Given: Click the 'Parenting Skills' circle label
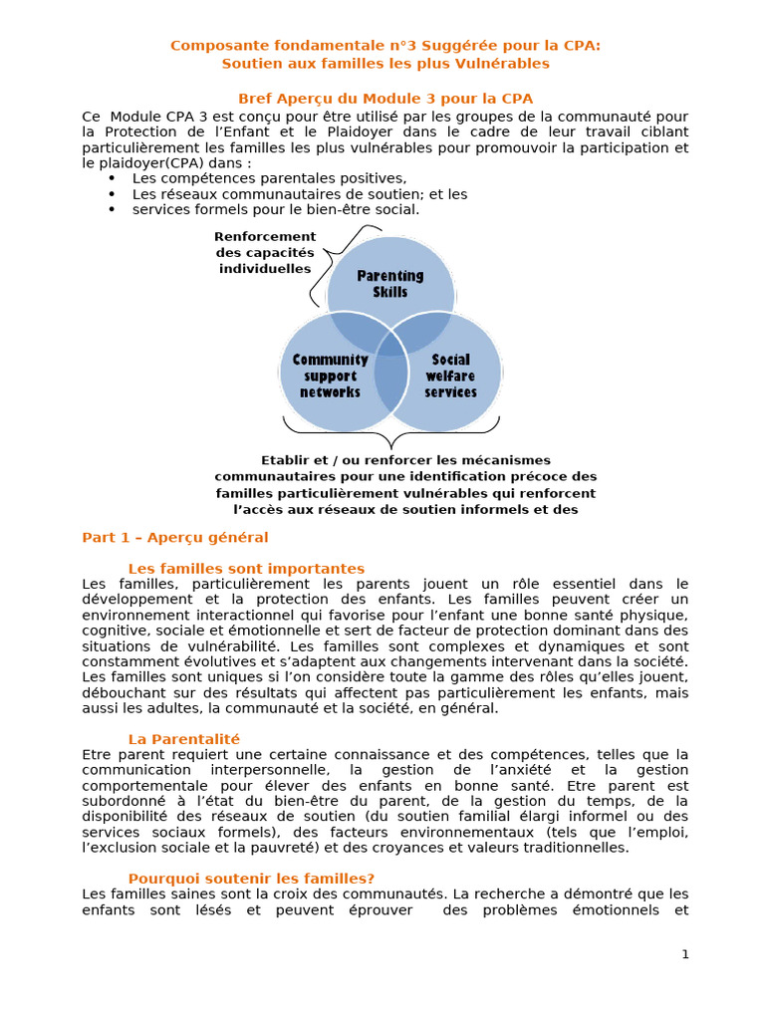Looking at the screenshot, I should click(x=390, y=284).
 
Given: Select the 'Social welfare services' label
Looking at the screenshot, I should click(x=450, y=376).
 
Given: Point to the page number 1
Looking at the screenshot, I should click(x=684, y=954).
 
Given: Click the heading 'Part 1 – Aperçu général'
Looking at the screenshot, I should click(x=174, y=537).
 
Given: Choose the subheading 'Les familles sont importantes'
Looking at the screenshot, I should click(x=246, y=569).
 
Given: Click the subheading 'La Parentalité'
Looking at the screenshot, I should click(x=184, y=739).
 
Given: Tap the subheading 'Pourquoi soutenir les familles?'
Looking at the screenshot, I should click(x=251, y=879).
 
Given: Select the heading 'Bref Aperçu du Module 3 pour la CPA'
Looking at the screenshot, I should click(x=385, y=99).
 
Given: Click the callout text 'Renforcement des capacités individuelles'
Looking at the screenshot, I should click(x=265, y=253).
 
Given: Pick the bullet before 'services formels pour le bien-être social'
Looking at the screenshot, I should click(x=112, y=210).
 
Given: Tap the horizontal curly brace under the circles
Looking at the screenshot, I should click(x=391, y=434).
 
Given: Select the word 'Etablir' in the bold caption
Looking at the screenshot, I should click(x=284, y=460).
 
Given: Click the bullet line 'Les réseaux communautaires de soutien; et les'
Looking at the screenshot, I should click(x=299, y=194).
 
